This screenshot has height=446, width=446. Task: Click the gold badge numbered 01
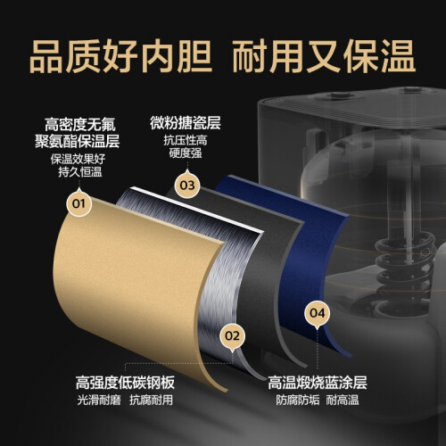pos(78,203)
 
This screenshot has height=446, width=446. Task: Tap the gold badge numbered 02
pos(232,336)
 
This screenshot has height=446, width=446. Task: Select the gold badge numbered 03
pos(187,186)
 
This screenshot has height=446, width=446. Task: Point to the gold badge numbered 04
pos(318,313)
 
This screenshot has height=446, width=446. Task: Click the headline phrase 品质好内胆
pos(121,57)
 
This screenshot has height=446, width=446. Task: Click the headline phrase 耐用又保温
pos(324,57)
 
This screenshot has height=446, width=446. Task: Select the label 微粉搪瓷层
pos(186,123)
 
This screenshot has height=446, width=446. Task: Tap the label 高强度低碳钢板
pos(125,383)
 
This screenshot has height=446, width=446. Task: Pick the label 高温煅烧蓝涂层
pos(318,383)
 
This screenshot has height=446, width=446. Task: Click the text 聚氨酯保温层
pos(78,141)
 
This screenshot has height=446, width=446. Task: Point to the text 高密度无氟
pos(80,124)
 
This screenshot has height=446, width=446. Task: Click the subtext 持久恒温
pos(80,172)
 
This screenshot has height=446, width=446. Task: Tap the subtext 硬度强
pos(186,153)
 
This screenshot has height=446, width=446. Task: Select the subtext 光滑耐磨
pos(99,400)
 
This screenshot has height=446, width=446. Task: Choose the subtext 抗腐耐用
pos(151,400)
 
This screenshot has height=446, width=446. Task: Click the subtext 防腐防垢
pos(298,400)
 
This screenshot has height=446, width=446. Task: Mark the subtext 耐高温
pos(343,400)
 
